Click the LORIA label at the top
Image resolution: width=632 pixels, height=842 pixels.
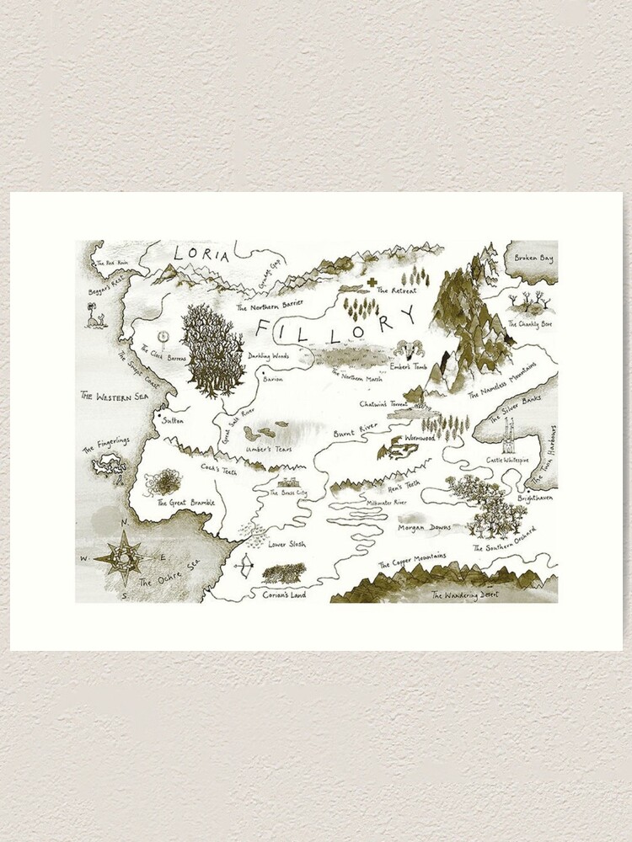click(x=200, y=253)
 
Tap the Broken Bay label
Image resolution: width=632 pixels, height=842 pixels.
click(x=533, y=258)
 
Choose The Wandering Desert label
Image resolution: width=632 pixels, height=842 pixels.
click(x=464, y=594)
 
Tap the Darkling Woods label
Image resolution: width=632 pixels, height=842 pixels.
click(x=269, y=356)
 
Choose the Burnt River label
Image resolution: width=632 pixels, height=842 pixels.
click(x=353, y=431)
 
